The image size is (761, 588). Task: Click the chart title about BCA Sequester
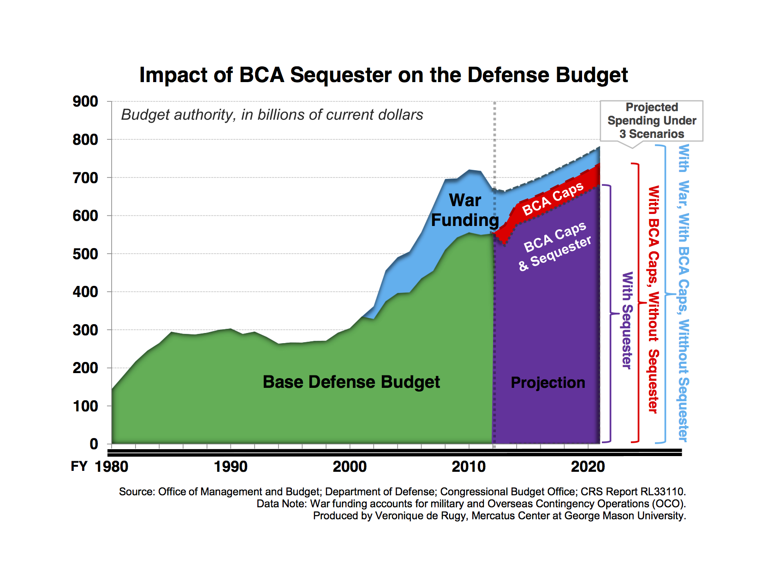click(x=383, y=75)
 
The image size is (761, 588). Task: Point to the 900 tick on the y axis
click(x=85, y=101)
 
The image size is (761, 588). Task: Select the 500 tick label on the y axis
click(x=85, y=254)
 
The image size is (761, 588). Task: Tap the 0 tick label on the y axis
click(x=94, y=444)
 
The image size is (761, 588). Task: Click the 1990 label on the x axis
click(x=231, y=467)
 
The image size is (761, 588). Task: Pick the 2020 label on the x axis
click(x=588, y=467)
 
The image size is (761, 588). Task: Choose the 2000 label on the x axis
click(x=350, y=467)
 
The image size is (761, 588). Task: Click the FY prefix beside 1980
click(x=79, y=466)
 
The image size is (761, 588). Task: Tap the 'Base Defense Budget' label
click(x=351, y=382)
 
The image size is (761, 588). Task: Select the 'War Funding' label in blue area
click(x=465, y=210)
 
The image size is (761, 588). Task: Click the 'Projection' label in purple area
click(x=548, y=383)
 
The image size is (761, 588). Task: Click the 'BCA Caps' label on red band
click(x=553, y=199)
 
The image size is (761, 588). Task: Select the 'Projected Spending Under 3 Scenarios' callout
click(x=651, y=121)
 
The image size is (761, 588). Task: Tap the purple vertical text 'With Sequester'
click(x=627, y=320)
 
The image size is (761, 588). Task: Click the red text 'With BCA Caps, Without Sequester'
click(x=653, y=299)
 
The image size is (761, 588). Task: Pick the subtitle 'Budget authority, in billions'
click(x=272, y=115)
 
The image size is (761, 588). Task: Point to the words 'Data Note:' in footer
click(x=281, y=504)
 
